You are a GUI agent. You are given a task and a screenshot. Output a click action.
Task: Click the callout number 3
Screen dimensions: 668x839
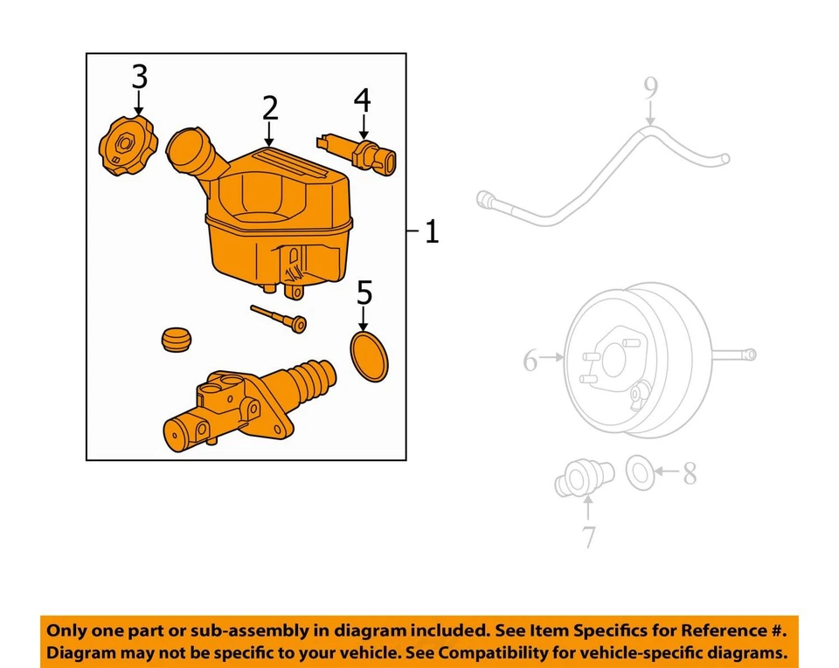[139, 77]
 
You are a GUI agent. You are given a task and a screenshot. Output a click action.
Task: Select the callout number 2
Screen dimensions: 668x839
[270, 108]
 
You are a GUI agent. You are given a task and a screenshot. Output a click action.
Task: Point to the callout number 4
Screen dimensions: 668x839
[362, 100]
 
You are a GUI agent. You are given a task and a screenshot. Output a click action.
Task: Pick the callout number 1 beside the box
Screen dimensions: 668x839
[431, 232]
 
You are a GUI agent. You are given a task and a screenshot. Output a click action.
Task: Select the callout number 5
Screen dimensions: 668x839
[364, 293]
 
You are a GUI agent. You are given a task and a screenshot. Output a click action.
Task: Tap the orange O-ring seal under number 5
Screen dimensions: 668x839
[368, 355]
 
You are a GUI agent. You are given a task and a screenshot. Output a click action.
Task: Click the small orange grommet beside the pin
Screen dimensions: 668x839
[177, 339]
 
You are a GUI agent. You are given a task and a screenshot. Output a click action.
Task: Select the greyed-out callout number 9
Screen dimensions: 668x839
[650, 88]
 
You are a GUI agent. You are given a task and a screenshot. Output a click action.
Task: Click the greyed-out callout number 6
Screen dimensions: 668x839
[530, 360]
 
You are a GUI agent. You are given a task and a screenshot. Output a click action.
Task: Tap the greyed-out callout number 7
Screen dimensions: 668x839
[588, 536]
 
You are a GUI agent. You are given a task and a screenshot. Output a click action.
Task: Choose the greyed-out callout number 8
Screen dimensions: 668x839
[690, 474]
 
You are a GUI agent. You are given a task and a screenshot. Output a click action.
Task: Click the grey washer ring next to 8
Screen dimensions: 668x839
[640, 472]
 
